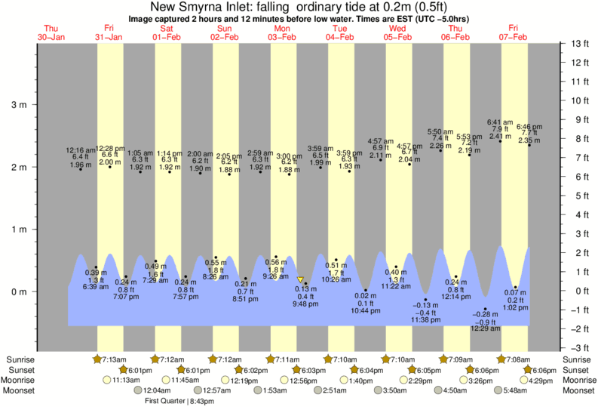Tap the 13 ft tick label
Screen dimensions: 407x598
click(x=579, y=43)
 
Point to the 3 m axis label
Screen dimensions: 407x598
click(x=17, y=104)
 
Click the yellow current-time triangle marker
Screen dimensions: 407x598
click(x=300, y=279)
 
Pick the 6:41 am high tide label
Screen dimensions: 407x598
click(x=499, y=122)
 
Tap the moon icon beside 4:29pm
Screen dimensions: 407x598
click(x=523, y=380)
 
